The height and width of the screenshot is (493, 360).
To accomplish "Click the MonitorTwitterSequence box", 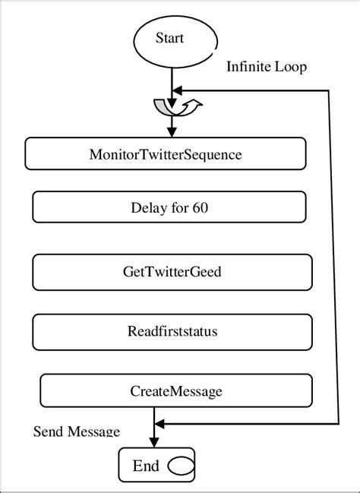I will [x=166, y=154].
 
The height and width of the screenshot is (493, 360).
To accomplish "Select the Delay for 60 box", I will [x=169, y=206].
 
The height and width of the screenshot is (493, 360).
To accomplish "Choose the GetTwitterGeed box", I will [x=172, y=271].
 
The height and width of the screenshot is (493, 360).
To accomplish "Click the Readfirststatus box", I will [x=172, y=330].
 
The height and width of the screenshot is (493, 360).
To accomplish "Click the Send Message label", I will [x=76, y=431].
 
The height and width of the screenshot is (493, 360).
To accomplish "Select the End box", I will [x=156, y=465].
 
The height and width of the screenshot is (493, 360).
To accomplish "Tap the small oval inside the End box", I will [x=180, y=465].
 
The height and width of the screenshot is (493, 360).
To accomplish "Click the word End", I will [x=145, y=465].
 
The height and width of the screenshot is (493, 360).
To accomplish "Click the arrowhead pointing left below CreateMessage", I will [x=159, y=424].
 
